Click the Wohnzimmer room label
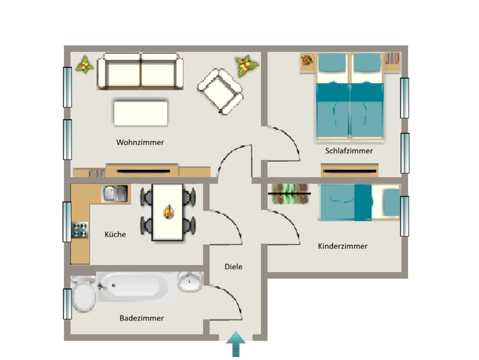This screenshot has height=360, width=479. coord(140,142)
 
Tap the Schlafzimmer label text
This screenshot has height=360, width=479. coord(349,151)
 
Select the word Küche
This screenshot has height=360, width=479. coord(115,234)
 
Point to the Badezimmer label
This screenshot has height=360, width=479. coord(141,318)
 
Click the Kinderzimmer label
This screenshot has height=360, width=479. coord(342,246)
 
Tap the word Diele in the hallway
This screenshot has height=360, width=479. coord(233,266)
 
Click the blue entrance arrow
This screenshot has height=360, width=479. coord(236,344)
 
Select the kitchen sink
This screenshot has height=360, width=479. coord(115,193)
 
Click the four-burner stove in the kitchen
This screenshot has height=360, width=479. coord(80,230)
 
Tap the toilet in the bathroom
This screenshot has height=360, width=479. coord(83,294)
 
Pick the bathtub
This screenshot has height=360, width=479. coord(137,287)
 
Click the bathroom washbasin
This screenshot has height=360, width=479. coord(190,281)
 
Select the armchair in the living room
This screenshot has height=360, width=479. coord(220,91)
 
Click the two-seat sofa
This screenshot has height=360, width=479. coord(140,72)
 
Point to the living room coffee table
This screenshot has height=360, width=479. coord(140,113)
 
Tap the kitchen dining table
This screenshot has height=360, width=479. coord(168,212)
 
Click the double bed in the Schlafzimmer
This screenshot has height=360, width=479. coord(349,97)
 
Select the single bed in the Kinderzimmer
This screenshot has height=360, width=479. coord(359,202)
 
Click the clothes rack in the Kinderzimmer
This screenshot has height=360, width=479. coord(290,194)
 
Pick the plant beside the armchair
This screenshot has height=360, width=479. coord(246,66)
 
